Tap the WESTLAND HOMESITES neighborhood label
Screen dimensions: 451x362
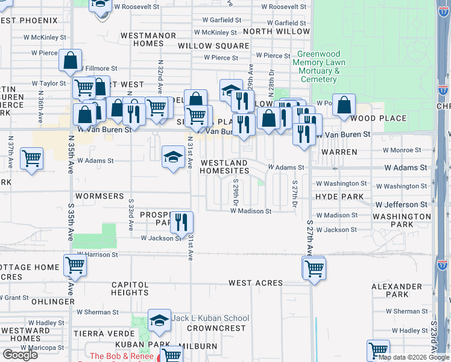click(224, 167)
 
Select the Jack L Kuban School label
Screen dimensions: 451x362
click(210, 318)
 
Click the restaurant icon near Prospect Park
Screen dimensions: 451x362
click(181, 223)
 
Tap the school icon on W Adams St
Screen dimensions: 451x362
click(173, 158)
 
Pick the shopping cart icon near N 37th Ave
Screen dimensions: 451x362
click(31, 159)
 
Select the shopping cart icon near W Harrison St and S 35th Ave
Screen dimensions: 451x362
click(75, 265)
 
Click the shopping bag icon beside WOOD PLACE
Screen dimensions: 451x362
click(343, 106)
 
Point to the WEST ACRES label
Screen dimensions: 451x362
click(256, 283)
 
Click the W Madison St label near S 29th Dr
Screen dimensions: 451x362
click(251, 211)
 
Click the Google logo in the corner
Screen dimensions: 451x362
click(20, 355)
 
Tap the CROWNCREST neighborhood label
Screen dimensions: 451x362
click(216, 328)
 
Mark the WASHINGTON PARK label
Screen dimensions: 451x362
click(402, 220)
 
